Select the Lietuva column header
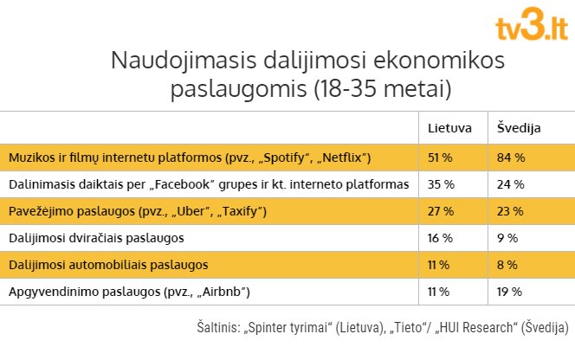point(449,128)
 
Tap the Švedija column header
point(520,128)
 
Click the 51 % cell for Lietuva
point(442,157)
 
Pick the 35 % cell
point(442,184)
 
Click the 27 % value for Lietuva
point(442,211)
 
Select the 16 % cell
point(442,237)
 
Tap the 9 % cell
point(507,237)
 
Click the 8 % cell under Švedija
point(507,264)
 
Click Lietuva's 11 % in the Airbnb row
point(441,291)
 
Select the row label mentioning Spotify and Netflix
point(190,157)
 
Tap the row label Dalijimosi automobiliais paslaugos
point(107,264)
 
